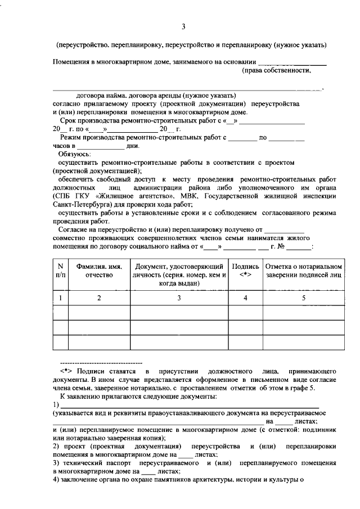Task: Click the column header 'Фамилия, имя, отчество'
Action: coord(99,270)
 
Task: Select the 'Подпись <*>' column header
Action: coord(245,270)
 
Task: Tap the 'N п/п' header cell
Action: coord(60,270)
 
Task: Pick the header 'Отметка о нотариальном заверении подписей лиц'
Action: coord(303,270)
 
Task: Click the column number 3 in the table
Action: coord(179,298)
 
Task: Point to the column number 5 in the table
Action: coord(303,298)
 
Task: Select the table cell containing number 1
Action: coord(60,298)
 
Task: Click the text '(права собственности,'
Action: coord(276,71)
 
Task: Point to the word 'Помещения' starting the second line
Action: coord(71,62)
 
